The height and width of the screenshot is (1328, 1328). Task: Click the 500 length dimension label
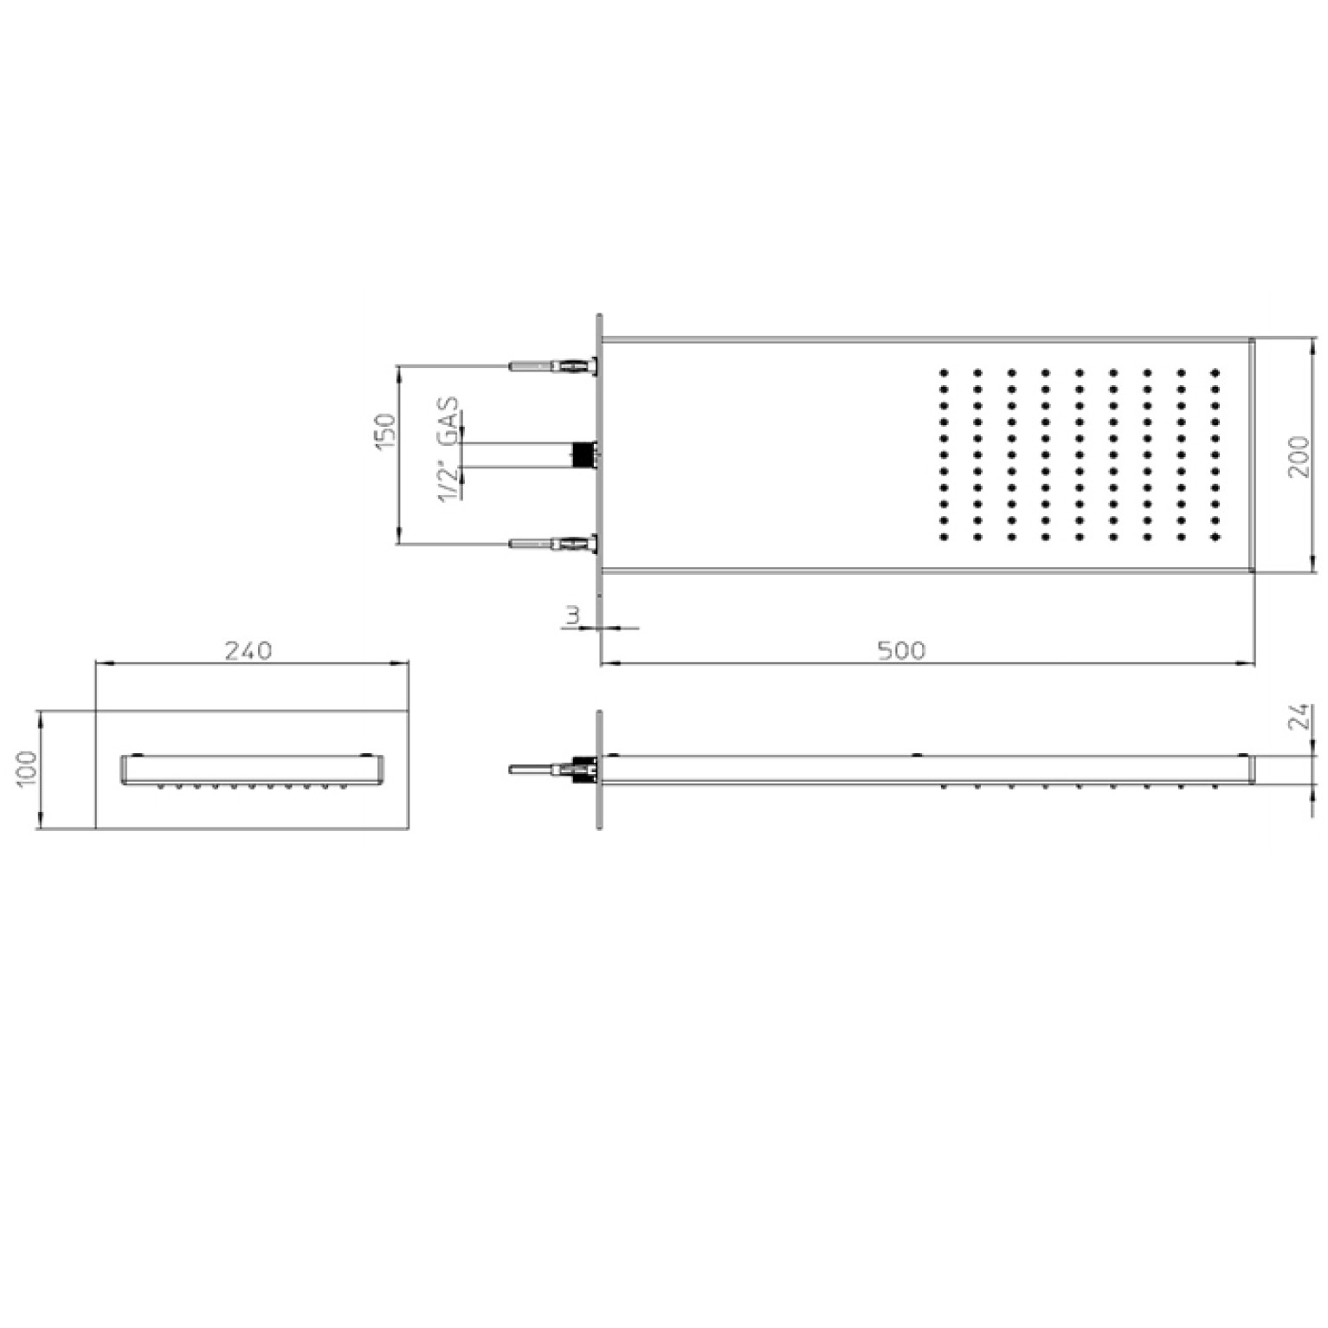901,649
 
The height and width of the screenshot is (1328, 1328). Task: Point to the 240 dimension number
248,649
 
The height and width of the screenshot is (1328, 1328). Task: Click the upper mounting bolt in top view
554,366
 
